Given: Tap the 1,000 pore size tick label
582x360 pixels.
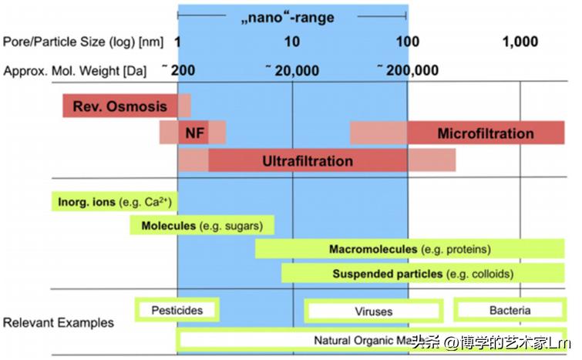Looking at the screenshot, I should (x=520, y=42).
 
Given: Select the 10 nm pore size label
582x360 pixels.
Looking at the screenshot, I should (x=293, y=42).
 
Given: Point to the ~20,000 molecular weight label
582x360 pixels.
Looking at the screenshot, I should (x=293, y=70).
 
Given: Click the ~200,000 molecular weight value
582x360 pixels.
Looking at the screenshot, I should (x=409, y=70).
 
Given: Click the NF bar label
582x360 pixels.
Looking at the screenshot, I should (x=195, y=133).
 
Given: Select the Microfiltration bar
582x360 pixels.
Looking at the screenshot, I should (x=486, y=133).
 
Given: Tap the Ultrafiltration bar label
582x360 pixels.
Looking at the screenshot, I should (x=308, y=160).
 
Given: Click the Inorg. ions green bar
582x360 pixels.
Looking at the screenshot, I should (x=114, y=202).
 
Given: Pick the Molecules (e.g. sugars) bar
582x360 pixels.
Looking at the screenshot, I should (x=202, y=226).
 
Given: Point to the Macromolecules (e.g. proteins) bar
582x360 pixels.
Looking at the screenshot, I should (x=409, y=249).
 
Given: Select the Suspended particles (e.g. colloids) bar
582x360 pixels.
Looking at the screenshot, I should (x=422, y=274).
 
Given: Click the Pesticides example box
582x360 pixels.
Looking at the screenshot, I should (x=177, y=310).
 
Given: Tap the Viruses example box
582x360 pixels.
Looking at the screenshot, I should (x=373, y=311).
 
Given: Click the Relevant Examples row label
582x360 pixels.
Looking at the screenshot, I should (x=59, y=322).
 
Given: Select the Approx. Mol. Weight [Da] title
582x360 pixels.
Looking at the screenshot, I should (x=74, y=70).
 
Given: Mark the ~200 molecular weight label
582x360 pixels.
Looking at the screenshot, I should (x=180, y=70).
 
